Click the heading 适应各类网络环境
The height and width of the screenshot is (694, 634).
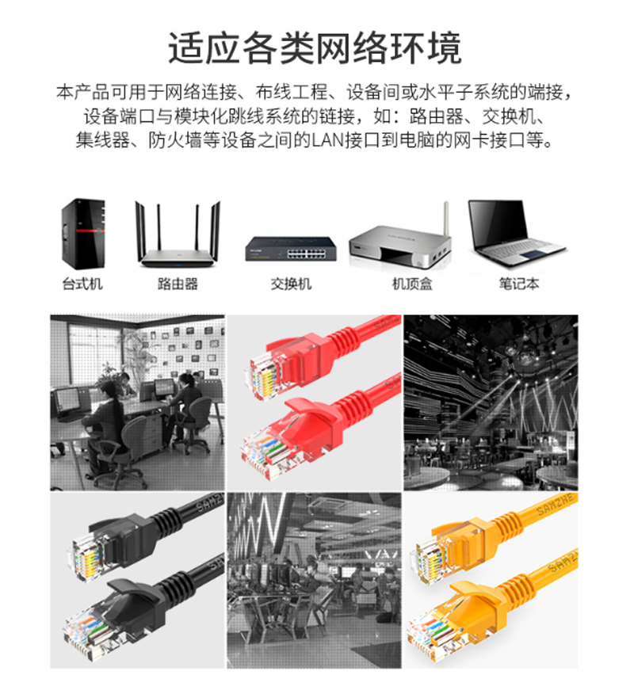[315, 48]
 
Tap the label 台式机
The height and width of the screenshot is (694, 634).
[82, 284]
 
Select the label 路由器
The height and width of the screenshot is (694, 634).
[178, 284]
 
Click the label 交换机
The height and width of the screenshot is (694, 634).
[291, 284]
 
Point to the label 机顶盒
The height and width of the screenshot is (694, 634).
[412, 284]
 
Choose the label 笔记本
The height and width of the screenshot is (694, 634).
[519, 284]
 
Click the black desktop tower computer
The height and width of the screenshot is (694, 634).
[83, 234]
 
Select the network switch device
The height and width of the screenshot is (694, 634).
[291, 249]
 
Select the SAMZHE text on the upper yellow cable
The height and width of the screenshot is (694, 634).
[556, 505]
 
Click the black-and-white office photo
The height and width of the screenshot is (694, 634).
[137, 402]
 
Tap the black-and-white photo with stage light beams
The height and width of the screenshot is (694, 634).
[491, 402]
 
